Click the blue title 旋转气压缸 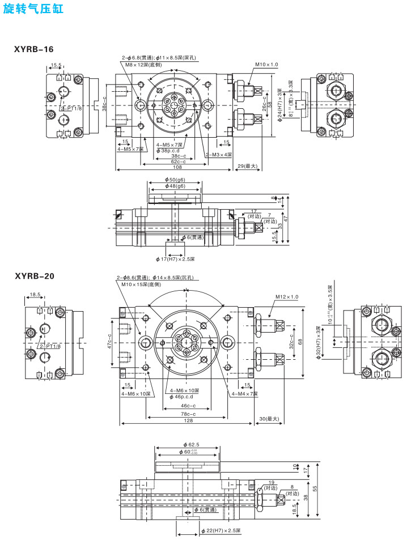point(33,10)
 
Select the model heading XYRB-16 point(34,49)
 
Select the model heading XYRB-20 point(35,276)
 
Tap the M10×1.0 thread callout point(266,65)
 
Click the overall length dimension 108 point(177,167)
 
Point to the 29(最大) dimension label point(248,167)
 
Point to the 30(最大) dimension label point(269,419)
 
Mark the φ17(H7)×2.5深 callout point(175,259)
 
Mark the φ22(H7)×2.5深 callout point(221,531)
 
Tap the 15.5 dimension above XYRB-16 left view point(56,65)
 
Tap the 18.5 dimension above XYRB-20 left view point(35,295)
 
